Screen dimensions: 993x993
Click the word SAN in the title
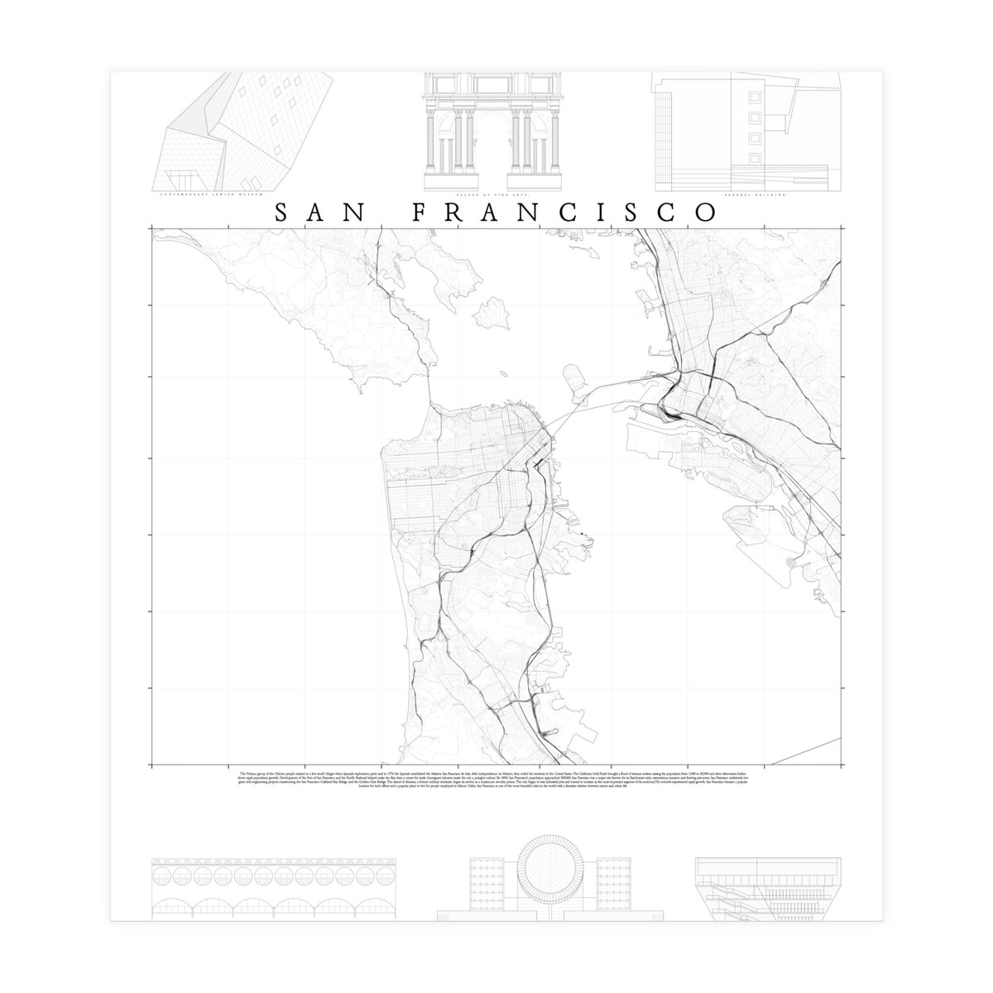(319, 213)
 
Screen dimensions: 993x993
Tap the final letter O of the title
(706, 213)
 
